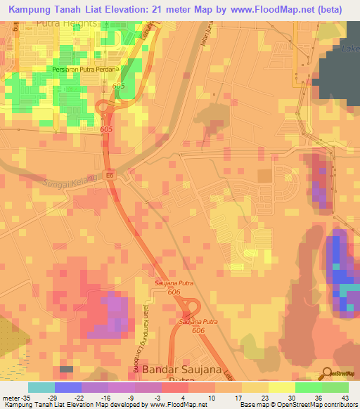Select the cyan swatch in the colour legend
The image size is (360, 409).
pos(41,387)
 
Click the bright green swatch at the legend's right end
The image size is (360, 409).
pos(335,387)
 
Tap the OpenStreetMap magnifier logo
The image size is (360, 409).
pos(326,372)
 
